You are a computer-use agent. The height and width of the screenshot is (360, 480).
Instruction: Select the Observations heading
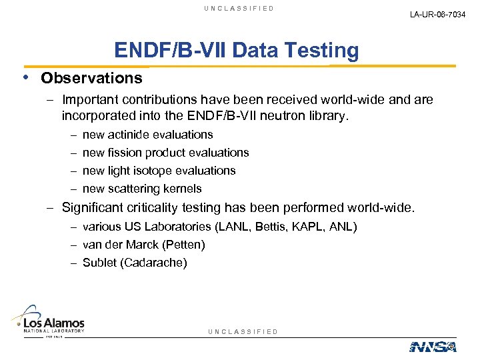[x=91, y=78]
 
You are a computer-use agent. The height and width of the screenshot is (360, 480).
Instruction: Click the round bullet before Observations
[x=25, y=77]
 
